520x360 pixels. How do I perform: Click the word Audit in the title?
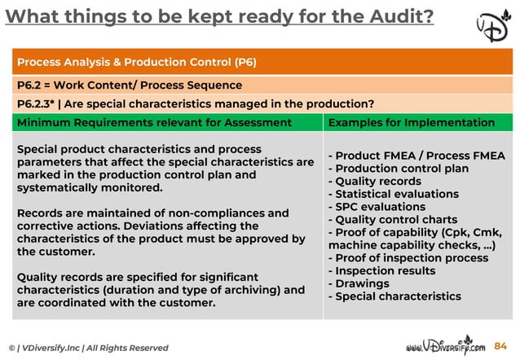tap(390, 15)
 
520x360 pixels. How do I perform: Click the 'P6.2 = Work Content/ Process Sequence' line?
tap(129, 85)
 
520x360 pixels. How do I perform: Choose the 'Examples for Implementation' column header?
tap(411, 122)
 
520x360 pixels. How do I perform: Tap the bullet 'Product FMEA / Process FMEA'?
tap(416, 156)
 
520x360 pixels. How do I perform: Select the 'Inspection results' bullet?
tap(381, 270)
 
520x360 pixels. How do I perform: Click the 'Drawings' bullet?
tap(359, 283)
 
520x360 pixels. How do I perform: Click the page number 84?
tap(500, 346)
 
